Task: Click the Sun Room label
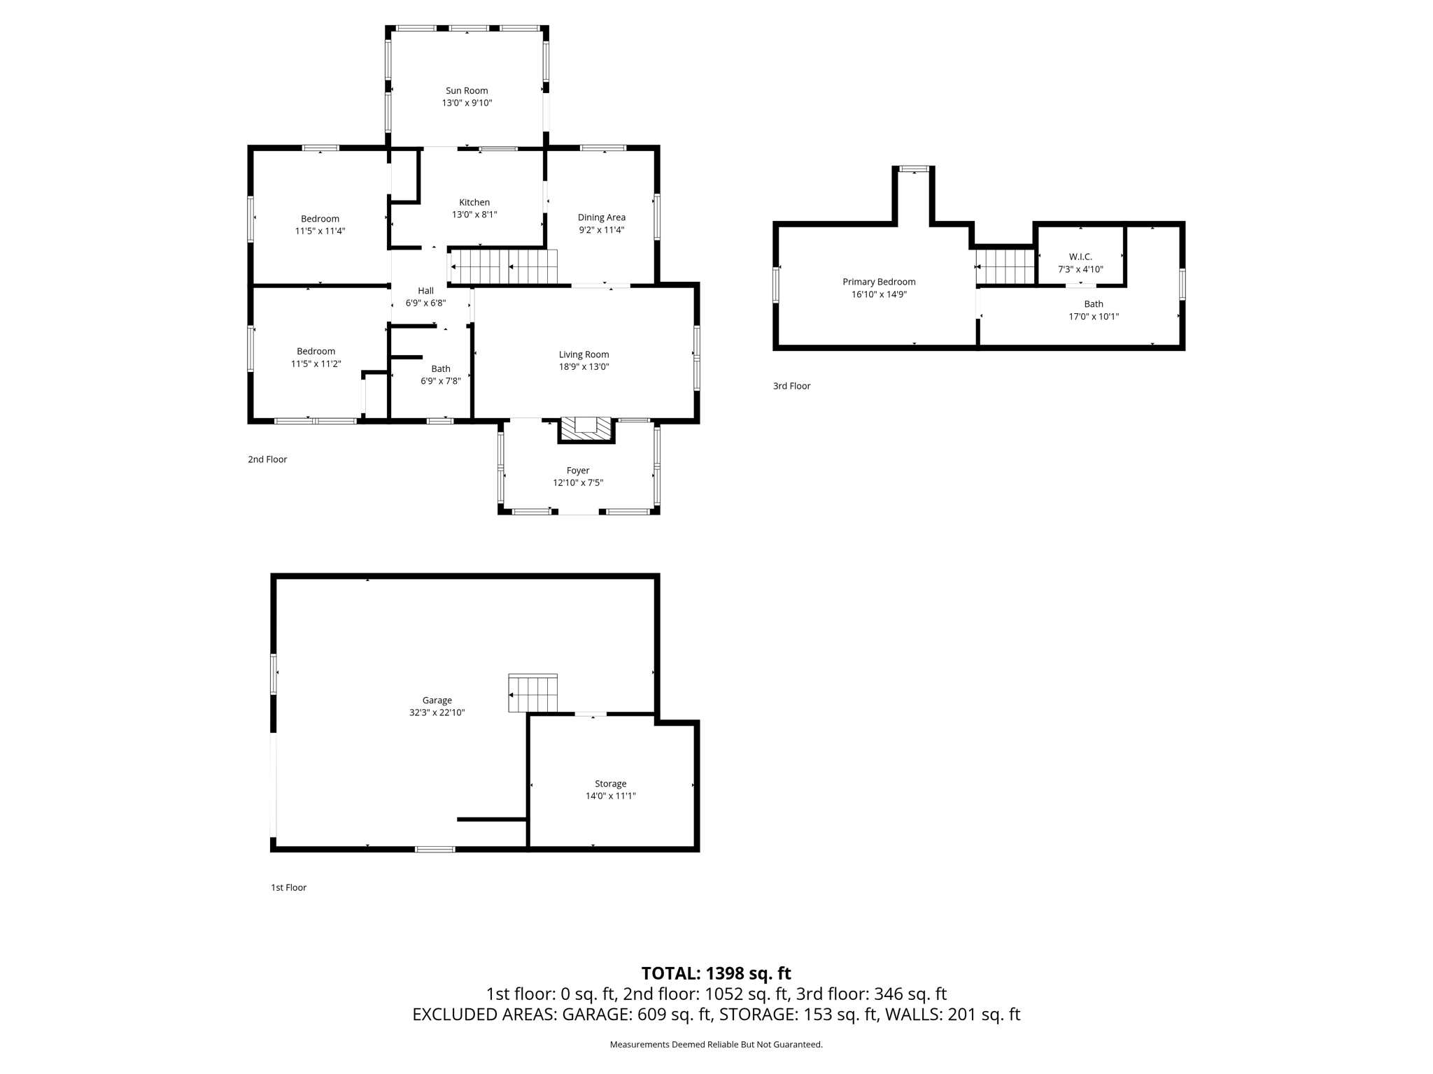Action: coord(467,91)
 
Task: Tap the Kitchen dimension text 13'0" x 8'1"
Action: coord(474,215)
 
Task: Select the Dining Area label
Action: coord(601,217)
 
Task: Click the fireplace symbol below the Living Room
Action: coord(586,429)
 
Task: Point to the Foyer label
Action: coord(578,471)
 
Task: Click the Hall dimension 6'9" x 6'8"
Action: coord(425,303)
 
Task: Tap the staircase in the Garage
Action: coord(533,694)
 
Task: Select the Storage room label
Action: coord(610,784)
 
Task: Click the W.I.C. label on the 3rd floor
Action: coord(1080,257)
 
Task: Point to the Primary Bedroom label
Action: coord(879,282)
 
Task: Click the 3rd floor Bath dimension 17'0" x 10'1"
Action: coord(1094,316)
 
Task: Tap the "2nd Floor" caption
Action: coord(267,459)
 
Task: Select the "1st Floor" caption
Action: coord(288,887)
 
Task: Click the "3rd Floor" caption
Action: coord(791,386)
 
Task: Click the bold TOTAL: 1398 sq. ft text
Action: coord(716,973)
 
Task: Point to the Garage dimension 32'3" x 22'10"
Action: coord(437,713)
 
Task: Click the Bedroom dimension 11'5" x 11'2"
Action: coord(316,364)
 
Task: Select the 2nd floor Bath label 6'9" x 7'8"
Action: coord(440,375)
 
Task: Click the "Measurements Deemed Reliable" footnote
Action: coord(716,1045)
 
